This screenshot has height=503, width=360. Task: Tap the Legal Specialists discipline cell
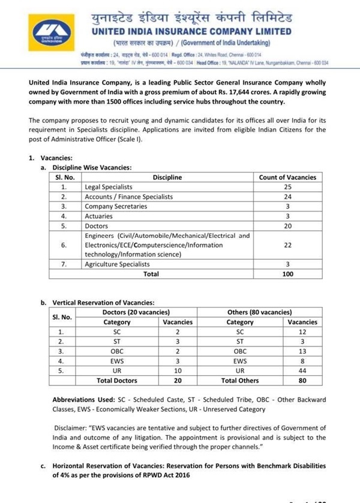point(109,187)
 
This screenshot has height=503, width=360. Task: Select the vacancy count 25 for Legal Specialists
point(287,187)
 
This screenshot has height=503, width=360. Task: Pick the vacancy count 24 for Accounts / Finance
point(287,197)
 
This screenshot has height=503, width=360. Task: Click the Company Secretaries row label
point(116,206)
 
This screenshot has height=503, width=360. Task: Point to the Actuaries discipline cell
point(98,216)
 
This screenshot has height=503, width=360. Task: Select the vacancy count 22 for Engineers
point(287,245)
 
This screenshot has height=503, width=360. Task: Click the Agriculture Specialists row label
point(117,264)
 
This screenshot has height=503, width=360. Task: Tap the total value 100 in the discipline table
point(287,273)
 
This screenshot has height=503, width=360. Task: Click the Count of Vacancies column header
point(287,177)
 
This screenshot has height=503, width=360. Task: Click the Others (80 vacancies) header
point(260,312)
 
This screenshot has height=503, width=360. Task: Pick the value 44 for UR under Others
point(302,371)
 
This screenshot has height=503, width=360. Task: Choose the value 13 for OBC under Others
point(302,351)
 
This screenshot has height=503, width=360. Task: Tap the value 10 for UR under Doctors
point(178,371)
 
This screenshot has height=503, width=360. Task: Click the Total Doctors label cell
point(117,380)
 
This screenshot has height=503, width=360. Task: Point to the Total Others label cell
point(240,380)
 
